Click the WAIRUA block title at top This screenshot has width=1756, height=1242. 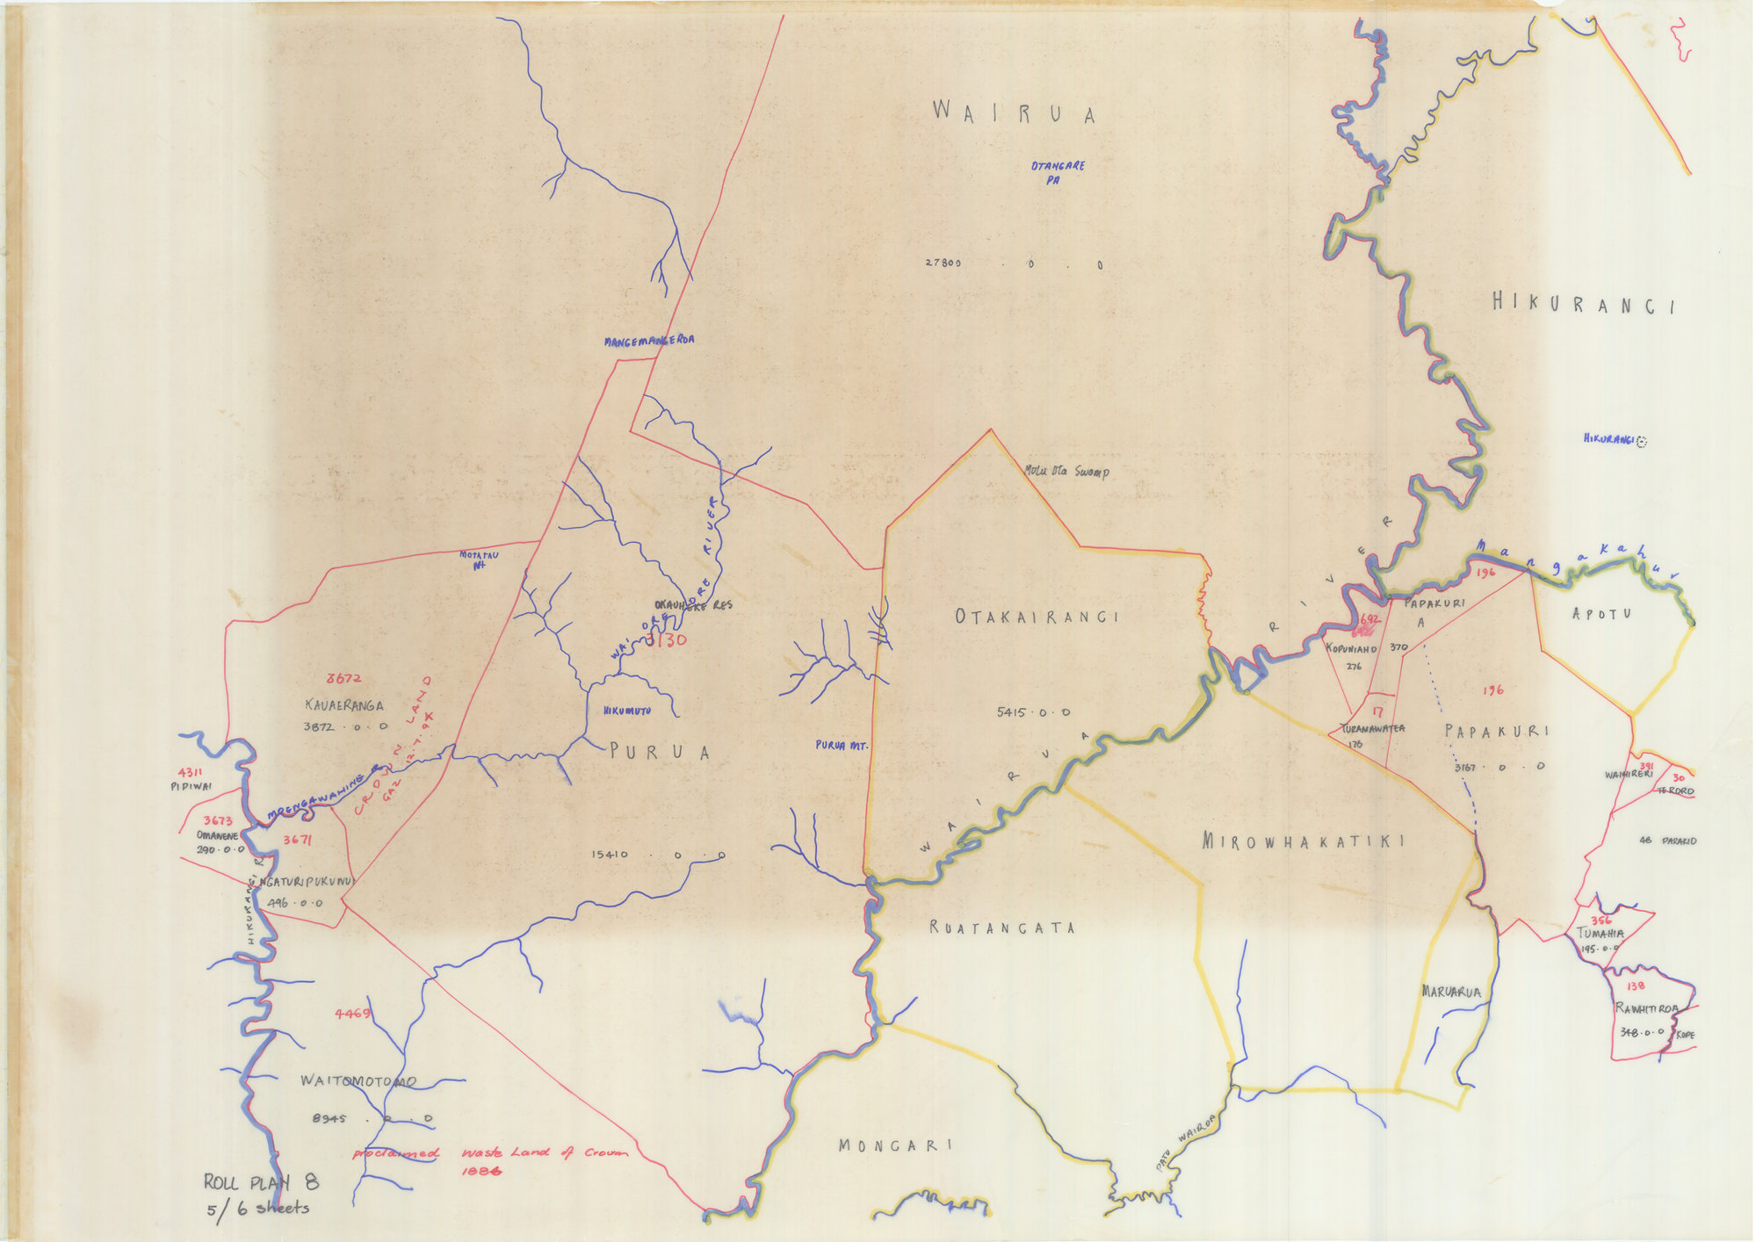click(1014, 114)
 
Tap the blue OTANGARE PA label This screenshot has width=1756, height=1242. click(1058, 173)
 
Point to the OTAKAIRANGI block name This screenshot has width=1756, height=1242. click(1037, 617)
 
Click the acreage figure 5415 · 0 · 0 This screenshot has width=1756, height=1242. click(1033, 712)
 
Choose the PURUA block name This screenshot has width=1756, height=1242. click(660, 752)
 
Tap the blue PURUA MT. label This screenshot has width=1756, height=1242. click(842, 745)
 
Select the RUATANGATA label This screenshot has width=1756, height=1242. click(1002, 928)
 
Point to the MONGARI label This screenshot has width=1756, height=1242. click(895, 1145)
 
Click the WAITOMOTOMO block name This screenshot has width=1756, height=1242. click(358, 1081)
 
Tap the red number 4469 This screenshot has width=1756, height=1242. click(352, 1015)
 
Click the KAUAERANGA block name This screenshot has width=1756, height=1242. click(344, 704)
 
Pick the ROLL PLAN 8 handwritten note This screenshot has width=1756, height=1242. click(260, 1182)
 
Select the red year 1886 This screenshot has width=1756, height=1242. click(480, 1171)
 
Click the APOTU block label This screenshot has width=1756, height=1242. click(1601, 613)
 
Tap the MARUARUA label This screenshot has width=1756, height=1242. click(1450, 993)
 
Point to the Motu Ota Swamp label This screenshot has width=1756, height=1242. click(1066, 472)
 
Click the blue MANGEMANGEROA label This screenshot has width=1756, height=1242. click(649, 340)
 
